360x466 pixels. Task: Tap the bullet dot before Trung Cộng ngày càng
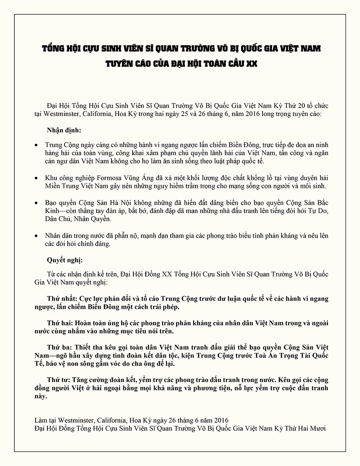pos(37,145)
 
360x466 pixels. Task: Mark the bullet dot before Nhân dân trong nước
pos(37,236)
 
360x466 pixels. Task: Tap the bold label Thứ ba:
pos(59,346)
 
